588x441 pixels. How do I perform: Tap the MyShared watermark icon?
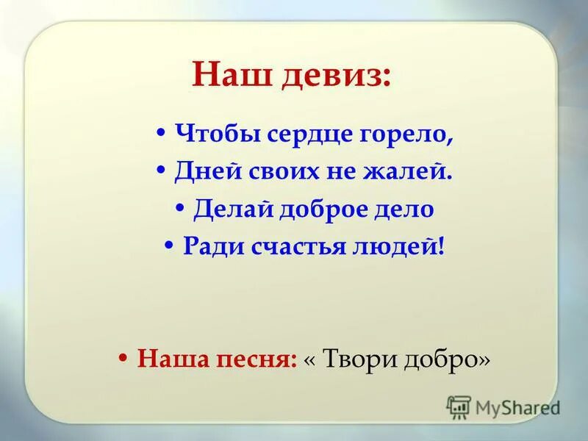[x=459, y=406]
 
